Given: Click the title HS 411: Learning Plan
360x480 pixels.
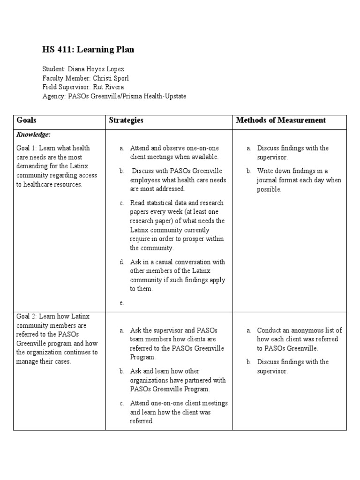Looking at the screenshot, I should (x=88, y=50).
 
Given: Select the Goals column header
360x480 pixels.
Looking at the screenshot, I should (x=26, y=120).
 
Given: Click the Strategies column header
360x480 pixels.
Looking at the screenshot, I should (x=126, y=120).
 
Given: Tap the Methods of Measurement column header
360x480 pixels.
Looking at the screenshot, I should (x=281, y=120).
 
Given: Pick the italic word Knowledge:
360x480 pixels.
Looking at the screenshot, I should (x=34, y=135).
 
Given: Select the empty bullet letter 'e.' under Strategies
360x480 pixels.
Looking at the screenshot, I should (x=121, y=303).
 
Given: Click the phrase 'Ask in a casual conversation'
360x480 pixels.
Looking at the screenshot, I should (x=171, y=262).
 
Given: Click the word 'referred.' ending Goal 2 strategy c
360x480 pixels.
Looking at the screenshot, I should (x=142, y=421).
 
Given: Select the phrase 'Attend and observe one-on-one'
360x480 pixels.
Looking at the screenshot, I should (x=174, y=148).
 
